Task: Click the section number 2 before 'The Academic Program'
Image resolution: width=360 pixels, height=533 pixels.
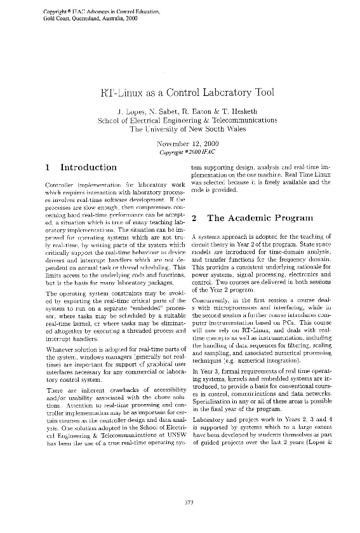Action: coord(194,218)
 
